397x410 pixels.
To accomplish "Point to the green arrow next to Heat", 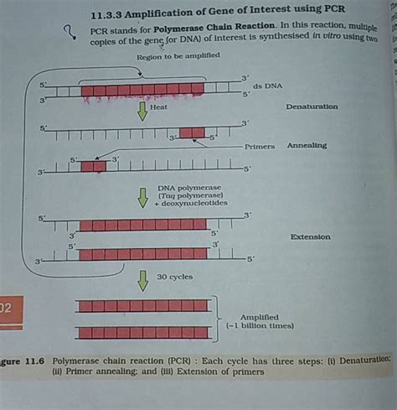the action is tap(142, 111).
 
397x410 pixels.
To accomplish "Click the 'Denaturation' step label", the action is tap(312, 106).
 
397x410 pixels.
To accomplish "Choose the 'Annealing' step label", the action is tap(307, 145).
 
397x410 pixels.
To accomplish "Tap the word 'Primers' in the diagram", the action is tap(260, 146).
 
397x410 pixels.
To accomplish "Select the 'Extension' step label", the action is tap(310, 237).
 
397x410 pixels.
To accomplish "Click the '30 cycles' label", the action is tap(173, 277).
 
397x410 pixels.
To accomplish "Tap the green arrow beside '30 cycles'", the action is tap(142, 280).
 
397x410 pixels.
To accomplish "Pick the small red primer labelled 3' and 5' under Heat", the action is tap(192, 132).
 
